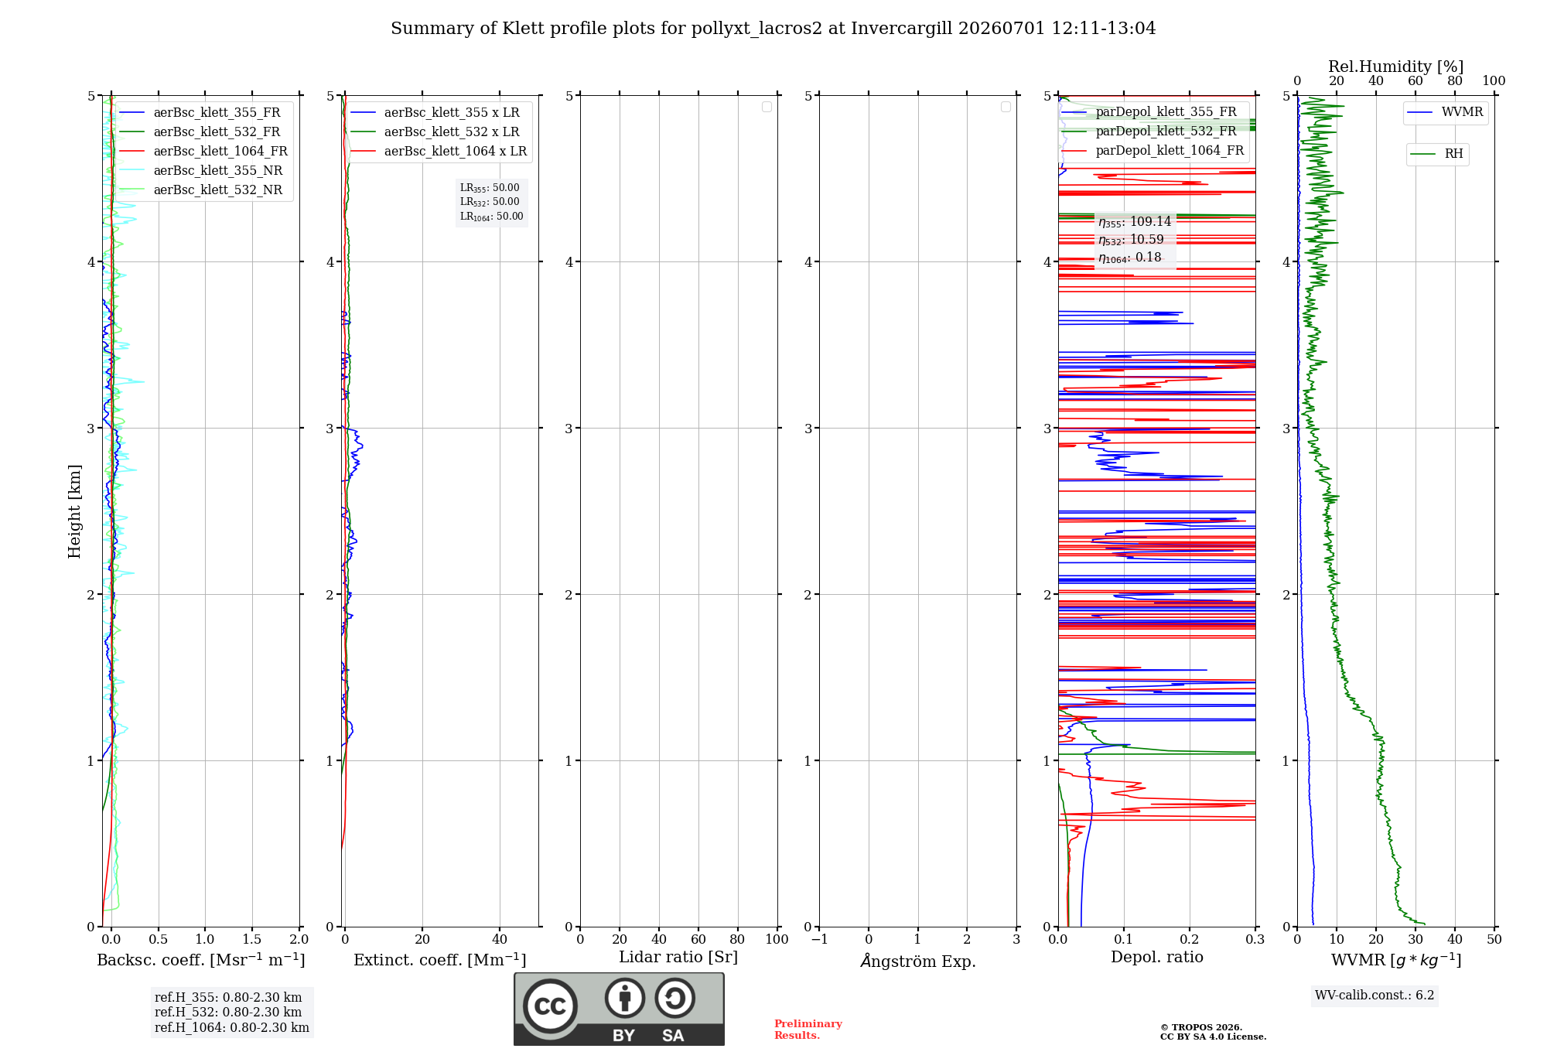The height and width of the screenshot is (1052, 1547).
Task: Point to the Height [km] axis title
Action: tap(74, 511)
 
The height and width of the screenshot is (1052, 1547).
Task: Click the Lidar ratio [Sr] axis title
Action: tap(678, 958)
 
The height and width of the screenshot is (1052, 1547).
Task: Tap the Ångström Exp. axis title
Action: tap(918, 961)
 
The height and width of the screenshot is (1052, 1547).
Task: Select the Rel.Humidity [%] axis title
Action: tap(1396, 67)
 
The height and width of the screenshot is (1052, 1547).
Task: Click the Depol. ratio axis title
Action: tap(1157, 957)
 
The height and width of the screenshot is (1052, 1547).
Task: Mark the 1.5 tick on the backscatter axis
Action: tap(252, 939)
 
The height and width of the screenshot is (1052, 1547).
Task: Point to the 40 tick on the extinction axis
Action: tap(500, 939)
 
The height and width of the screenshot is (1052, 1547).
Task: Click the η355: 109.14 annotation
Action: tap(1135, 222)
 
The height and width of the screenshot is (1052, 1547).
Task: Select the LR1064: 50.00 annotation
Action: tap(491, 217)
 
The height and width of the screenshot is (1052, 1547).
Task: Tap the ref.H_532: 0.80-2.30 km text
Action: tap(228, 1012)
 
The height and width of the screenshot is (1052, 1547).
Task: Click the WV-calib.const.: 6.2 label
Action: tap(1375, 996)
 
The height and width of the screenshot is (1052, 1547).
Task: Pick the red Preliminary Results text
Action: tap(808, 1030)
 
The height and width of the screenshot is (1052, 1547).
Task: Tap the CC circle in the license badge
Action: tap(550, 1006)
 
